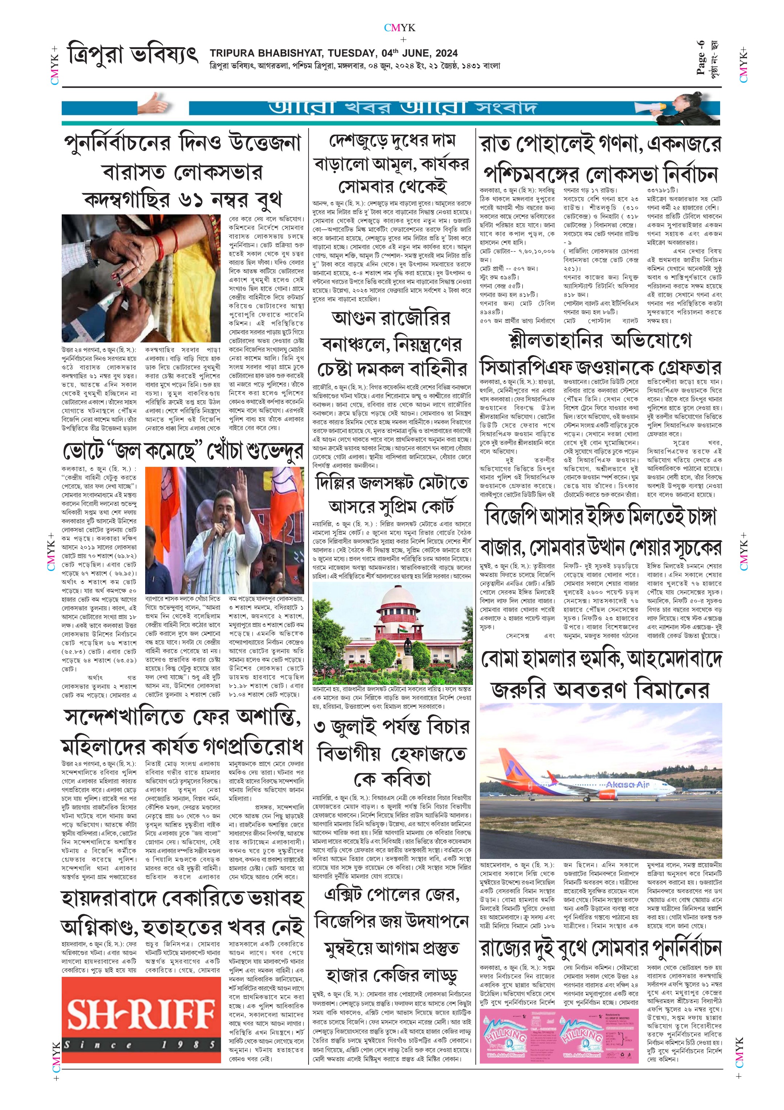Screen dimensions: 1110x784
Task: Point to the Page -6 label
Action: [700, 58]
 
